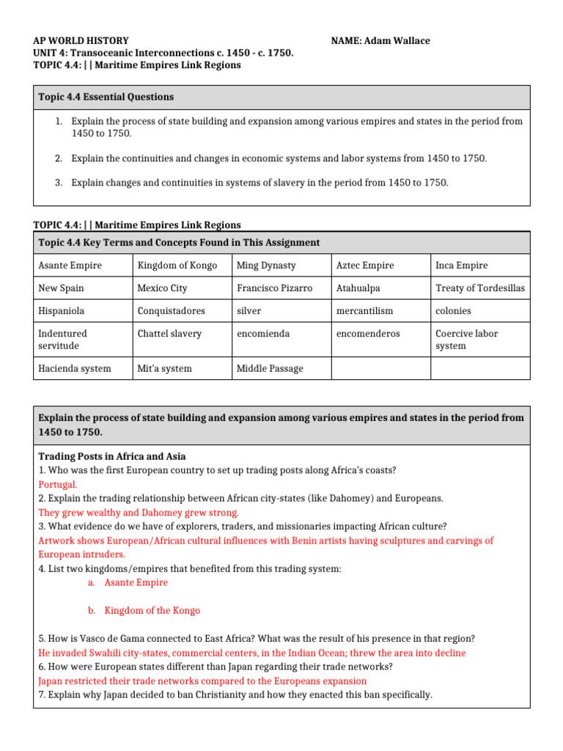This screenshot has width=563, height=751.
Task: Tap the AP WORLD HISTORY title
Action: [81, 41]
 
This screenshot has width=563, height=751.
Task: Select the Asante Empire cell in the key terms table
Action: [70, 265]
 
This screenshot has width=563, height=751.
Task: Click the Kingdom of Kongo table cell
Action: [177, 265]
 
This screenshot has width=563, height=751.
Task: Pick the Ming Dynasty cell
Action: [266, 265]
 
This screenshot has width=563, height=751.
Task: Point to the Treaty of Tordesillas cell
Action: [480, 288]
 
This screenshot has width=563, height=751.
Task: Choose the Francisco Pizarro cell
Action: [274, 288]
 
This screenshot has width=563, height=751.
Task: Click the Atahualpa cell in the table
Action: [358, 288]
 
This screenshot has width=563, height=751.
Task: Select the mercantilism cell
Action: [364, 311]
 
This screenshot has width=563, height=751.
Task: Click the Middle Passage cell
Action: [269, 368]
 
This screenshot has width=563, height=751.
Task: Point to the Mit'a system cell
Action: [164, 368]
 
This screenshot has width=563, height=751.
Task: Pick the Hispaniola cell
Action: [62, 311]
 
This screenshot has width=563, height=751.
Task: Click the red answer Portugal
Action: [57, 484]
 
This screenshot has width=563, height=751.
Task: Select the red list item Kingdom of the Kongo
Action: [152, 610]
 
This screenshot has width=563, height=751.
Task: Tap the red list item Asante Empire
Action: [136, 582]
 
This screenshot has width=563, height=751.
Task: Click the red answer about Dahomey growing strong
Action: [139, 512]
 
